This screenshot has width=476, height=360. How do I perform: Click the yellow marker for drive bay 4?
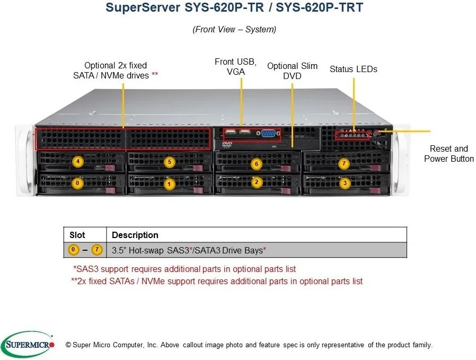78,161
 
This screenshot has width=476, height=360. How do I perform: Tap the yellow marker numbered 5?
169,162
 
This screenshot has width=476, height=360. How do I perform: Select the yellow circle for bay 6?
257,164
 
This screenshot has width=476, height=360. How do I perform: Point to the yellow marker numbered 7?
344,163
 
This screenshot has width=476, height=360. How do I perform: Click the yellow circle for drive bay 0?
78,183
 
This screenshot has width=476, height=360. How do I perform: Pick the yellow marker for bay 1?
169,185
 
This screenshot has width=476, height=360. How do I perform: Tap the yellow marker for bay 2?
257,182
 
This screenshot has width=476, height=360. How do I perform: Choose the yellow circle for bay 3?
345,183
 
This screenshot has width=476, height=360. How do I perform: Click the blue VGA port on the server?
268,134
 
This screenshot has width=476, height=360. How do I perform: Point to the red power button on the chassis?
377,133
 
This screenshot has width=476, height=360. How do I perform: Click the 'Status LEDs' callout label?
354,69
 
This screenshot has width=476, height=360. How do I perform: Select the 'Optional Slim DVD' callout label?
292,71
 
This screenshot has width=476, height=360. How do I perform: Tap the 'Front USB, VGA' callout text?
235,67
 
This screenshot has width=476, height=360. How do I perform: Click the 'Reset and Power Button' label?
448,154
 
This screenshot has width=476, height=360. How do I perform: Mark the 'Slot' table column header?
77,235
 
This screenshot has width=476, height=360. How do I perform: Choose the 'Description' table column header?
135,235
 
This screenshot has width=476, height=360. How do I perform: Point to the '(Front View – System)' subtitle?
234,30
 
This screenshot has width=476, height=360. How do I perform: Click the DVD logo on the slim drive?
227,144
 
